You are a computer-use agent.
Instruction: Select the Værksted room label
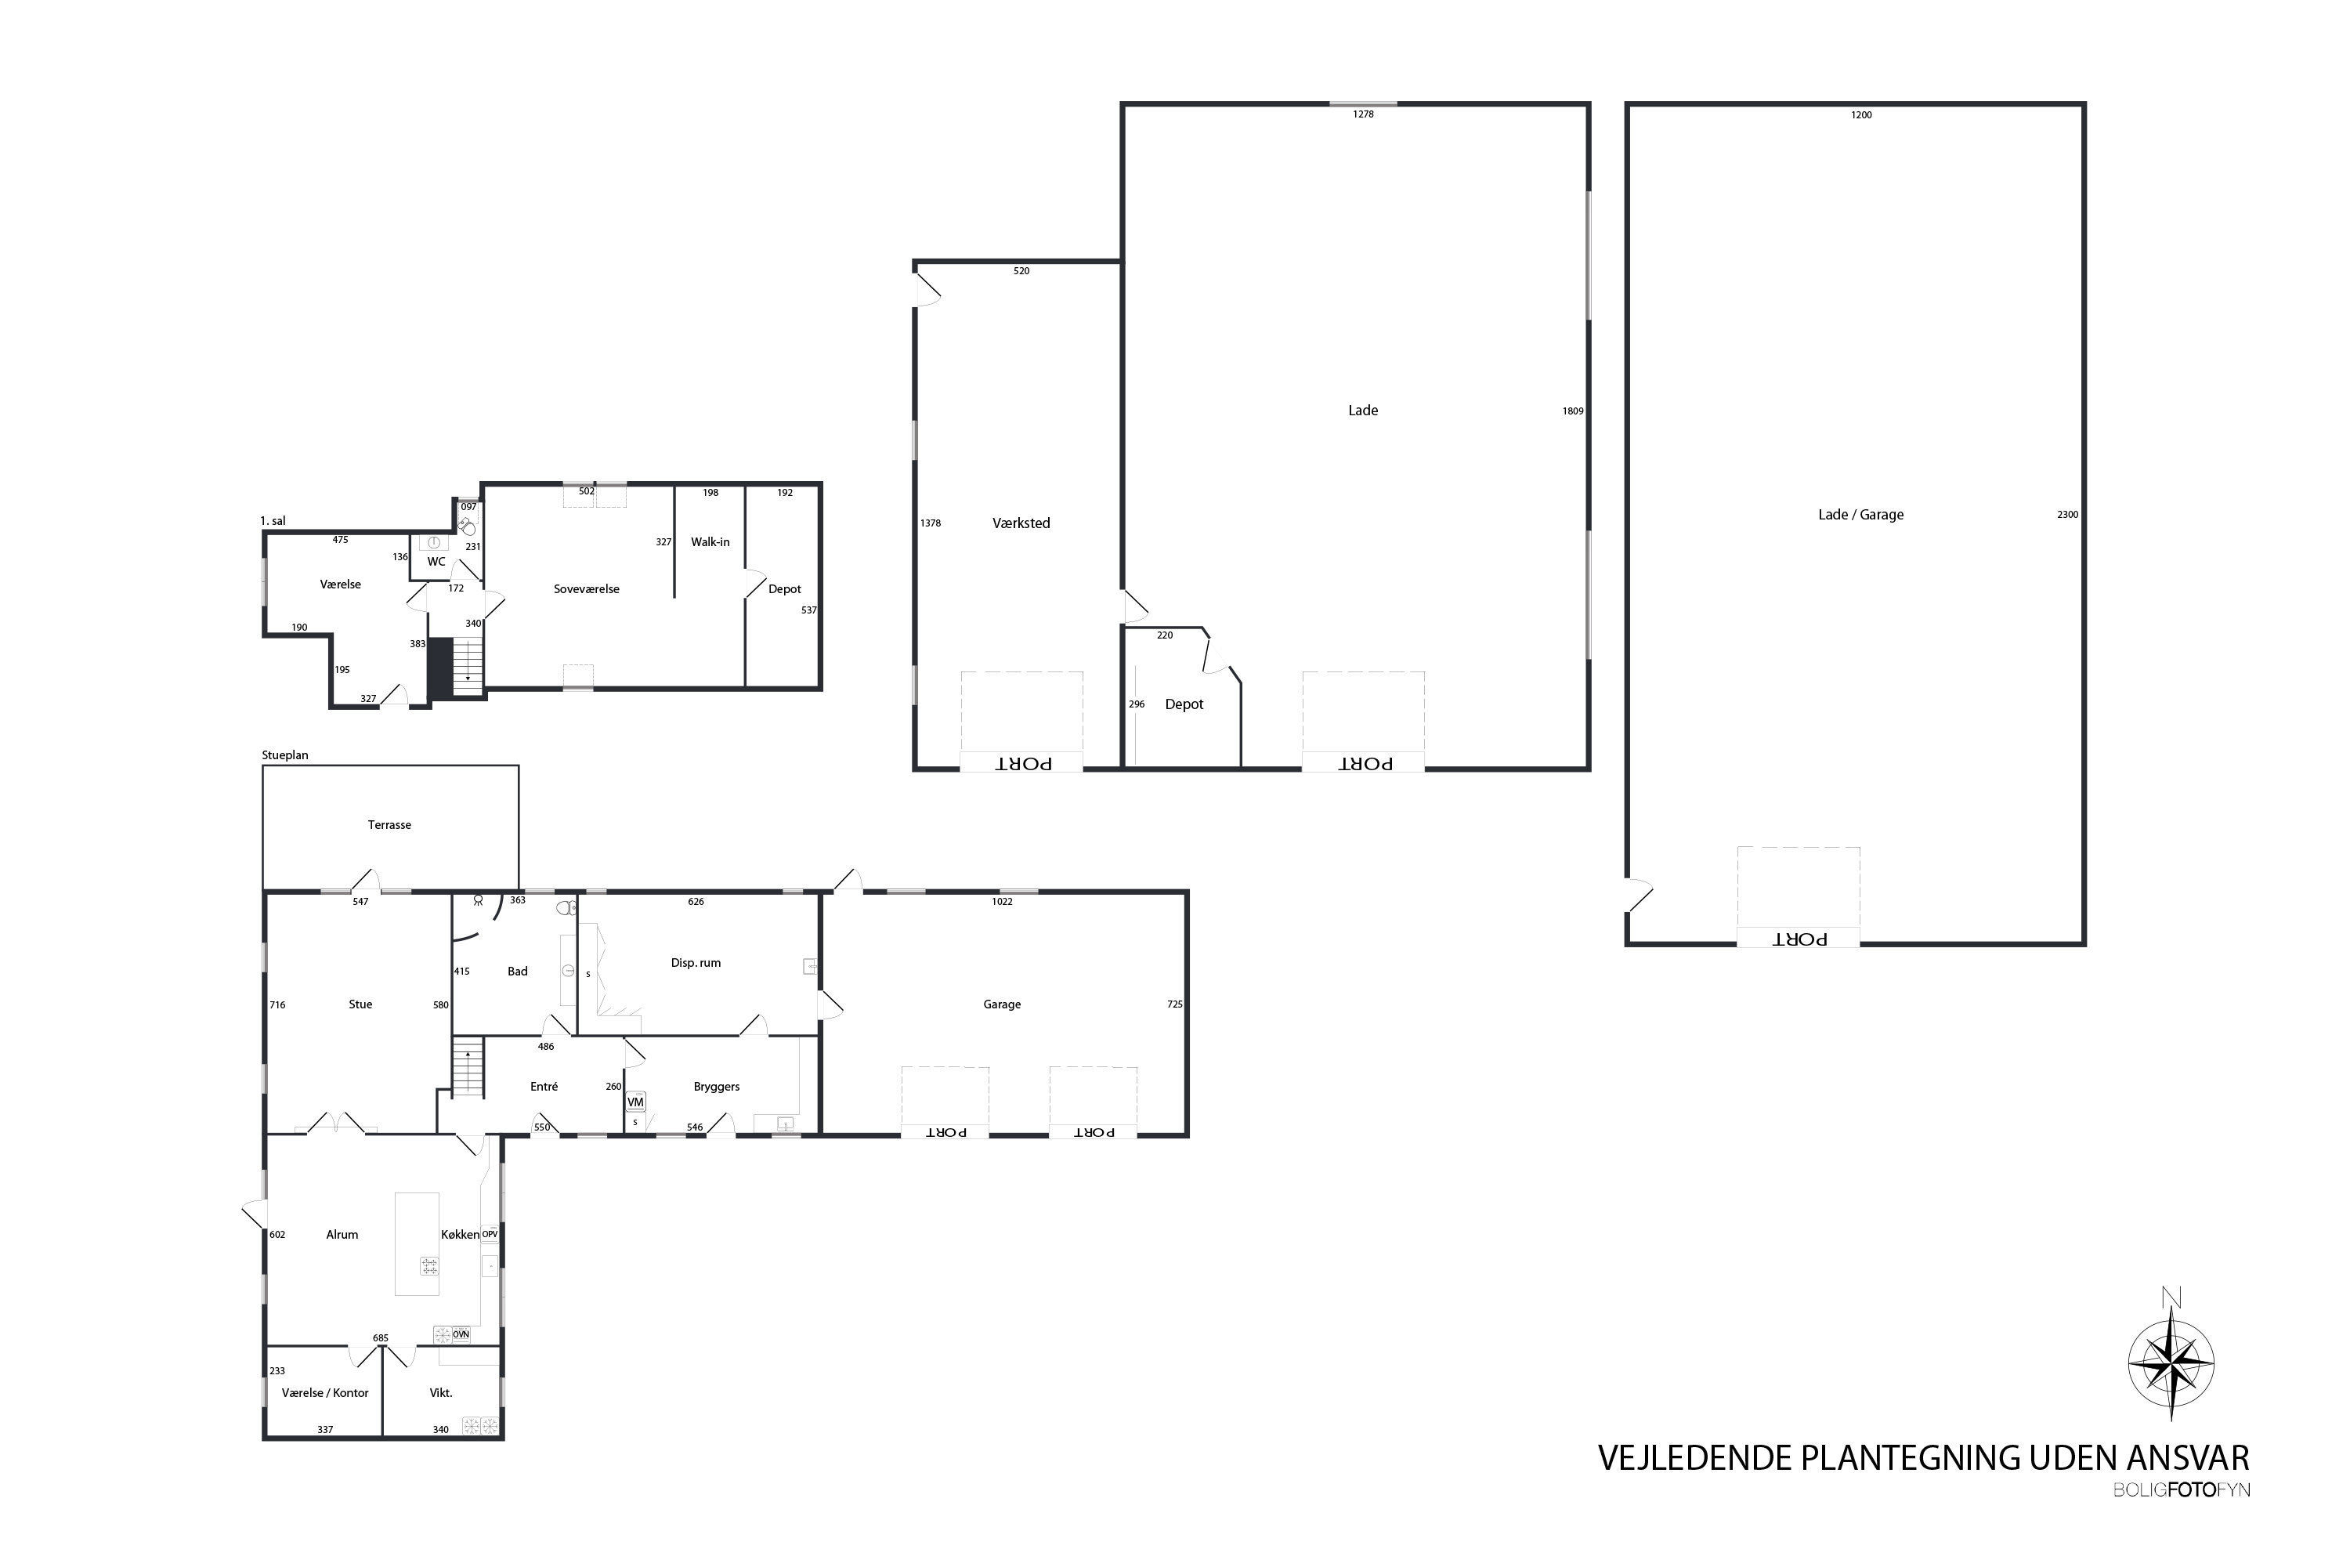click(x=1021, y=523)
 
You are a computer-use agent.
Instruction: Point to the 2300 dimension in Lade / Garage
click(x=2067, y=515)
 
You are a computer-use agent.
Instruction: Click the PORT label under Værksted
click(x=1023, y=763)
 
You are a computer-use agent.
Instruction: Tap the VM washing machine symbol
click(x=635, y=1102)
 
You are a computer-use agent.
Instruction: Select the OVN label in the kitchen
click(x=461, y=1334)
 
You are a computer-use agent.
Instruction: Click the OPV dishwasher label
click(x=490, y=1234)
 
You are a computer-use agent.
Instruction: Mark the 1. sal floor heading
click(x=273, y=522)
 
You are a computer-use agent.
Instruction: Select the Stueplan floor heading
click(x=285, y=755)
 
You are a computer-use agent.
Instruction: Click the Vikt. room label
click(x=440, y=1393)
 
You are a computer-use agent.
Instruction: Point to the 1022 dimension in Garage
click(x=1002, y=903)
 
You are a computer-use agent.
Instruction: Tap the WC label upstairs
click(x=436, y=562)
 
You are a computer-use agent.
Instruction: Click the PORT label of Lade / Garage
click(x=1799, y=939)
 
